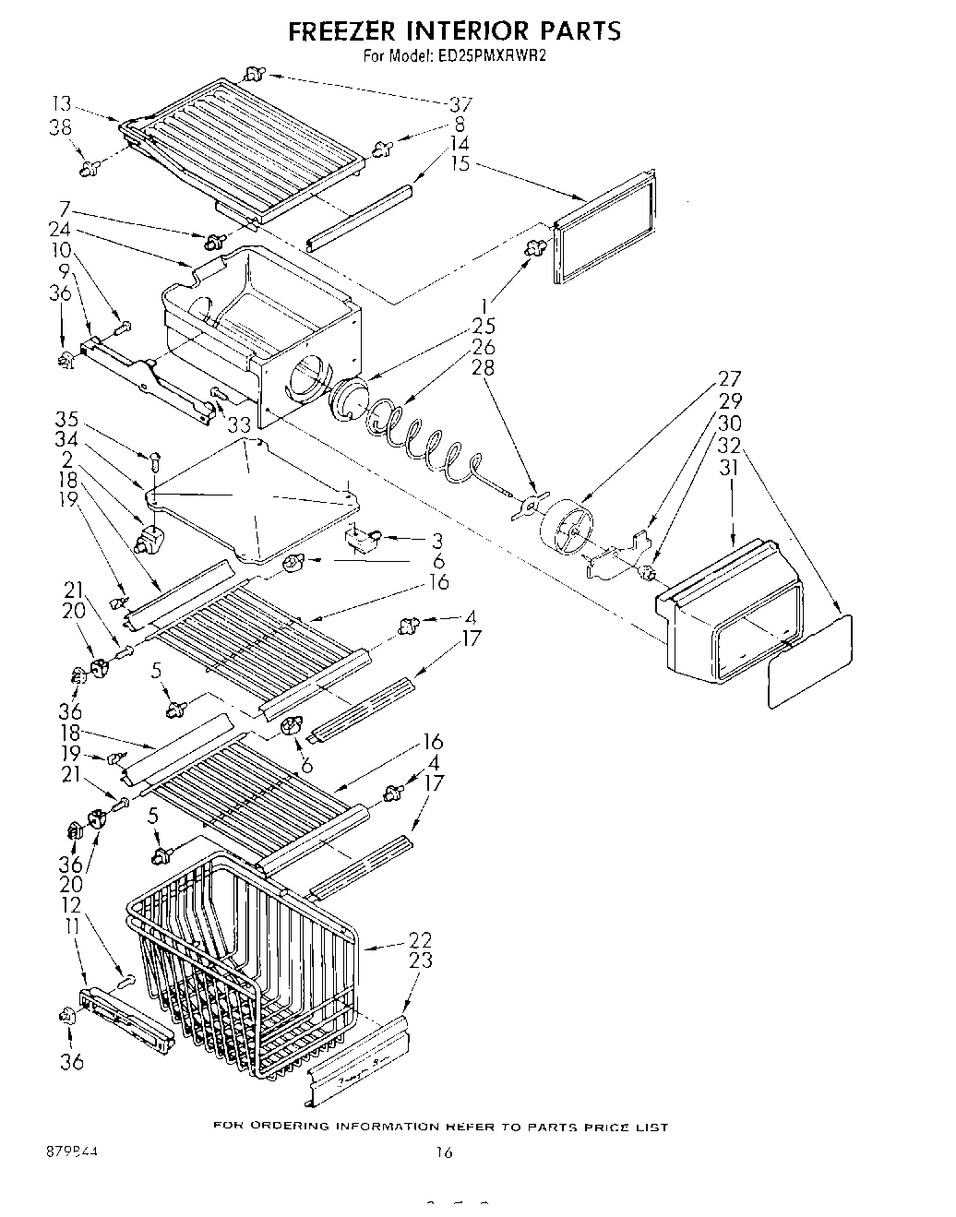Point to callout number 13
(x=62, y=104)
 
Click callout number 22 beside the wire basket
(x=420, y=939)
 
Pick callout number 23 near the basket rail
(x=420, y=960)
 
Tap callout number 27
(x=730, y=378)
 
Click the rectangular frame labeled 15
(x=605, y=226)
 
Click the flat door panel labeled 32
(x=809, y=662)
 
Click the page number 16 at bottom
(x=445, y=1152)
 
